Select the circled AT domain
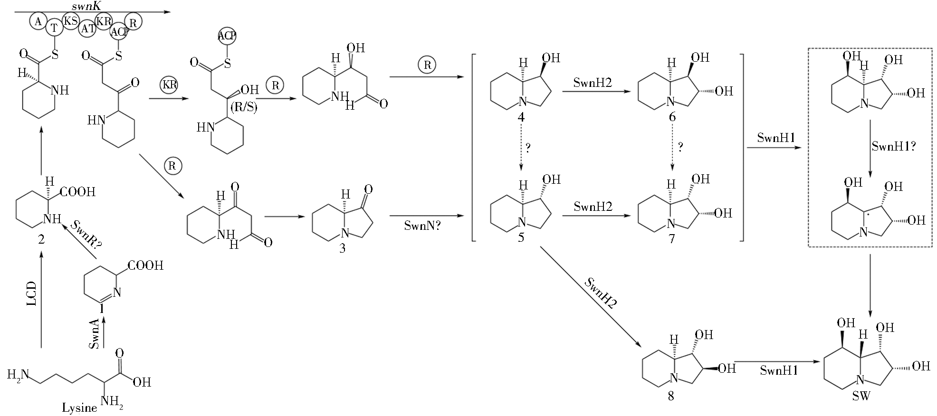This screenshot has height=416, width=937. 88,28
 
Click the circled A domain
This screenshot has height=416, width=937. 38,21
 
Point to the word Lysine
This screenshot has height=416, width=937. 79,407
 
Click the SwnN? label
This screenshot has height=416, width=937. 422,226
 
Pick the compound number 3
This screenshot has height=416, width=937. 342,248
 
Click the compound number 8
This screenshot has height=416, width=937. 670,396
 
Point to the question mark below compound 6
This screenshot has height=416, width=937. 680,148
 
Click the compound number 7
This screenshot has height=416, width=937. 671,238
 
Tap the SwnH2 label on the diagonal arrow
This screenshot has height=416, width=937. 600,293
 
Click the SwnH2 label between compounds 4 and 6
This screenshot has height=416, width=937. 593,83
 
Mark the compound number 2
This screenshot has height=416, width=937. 41,240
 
